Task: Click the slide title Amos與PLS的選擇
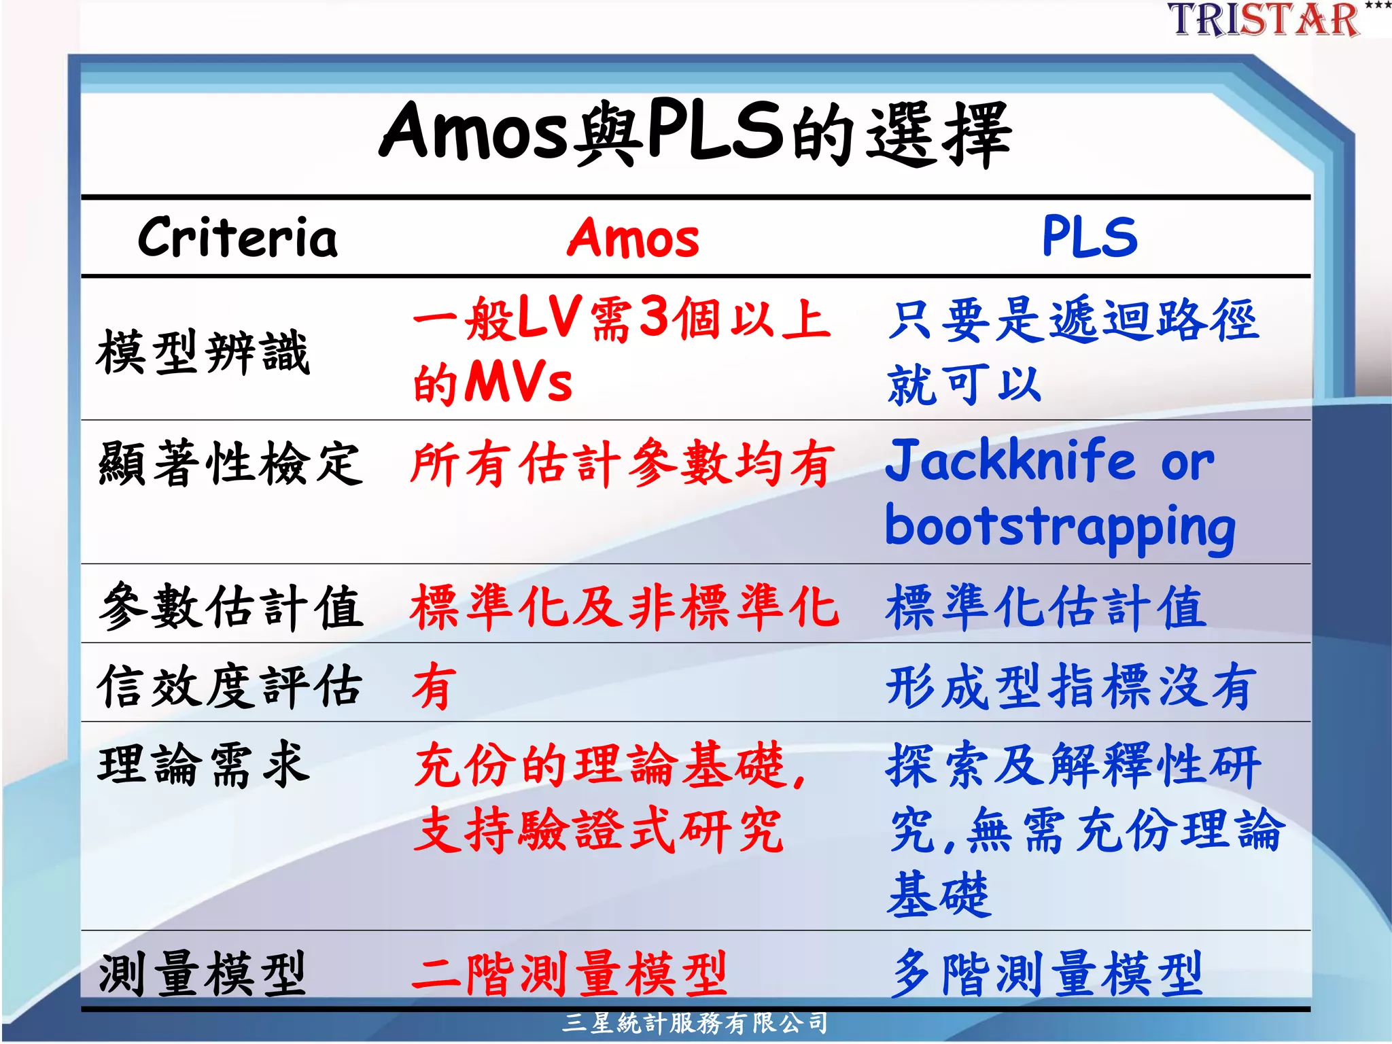695,133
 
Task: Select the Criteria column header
238,238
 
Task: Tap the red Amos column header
633,238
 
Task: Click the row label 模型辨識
203,352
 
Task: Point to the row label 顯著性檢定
230,464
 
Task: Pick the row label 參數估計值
230,606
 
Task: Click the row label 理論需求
203,765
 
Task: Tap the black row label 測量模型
202,973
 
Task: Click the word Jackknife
1010,461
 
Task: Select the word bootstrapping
1060,527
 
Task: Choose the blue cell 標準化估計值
1047,606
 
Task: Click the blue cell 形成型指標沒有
1068,686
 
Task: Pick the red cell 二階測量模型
570,973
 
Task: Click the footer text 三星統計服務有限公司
695,1023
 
